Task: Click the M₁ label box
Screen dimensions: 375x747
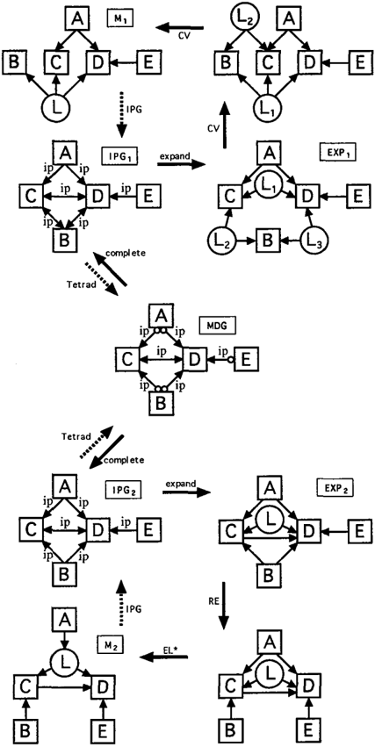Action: pos(119,19)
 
